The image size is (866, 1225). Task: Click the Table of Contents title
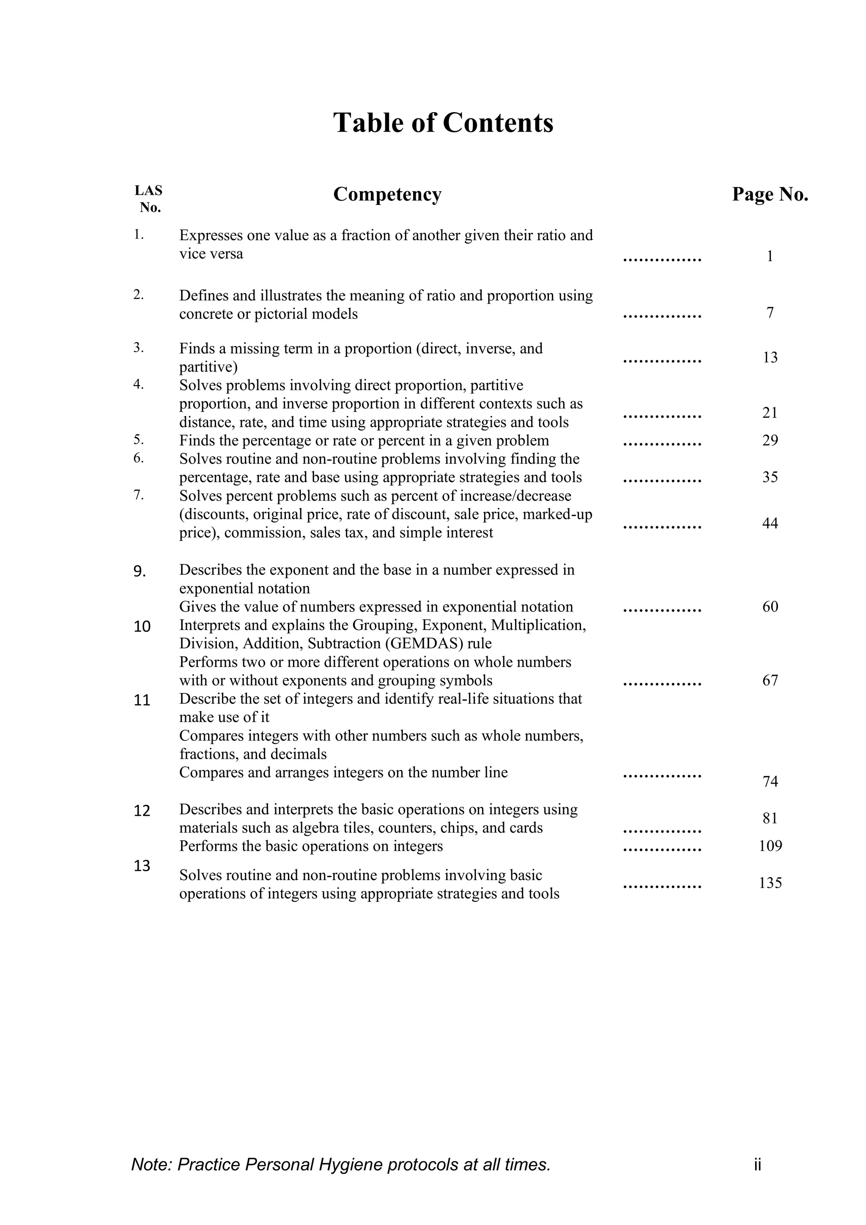[443, 123]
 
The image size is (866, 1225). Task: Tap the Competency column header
[387, 194]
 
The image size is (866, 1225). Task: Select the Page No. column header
[770, 194]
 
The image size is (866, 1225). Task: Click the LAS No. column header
[149, 198]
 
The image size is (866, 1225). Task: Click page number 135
[770, 883]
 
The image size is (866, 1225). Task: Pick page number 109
[770, 846]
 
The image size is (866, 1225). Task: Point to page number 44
[770, 523]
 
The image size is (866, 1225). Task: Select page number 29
[770, 440]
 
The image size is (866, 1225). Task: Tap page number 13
[770, 358]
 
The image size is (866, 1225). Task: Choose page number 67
[770, 680]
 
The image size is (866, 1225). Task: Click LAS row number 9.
[139, 572]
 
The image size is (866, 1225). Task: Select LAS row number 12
[142, 811]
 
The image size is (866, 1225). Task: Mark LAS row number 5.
[139, 440]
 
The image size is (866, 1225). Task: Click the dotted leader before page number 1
[662, 260]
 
